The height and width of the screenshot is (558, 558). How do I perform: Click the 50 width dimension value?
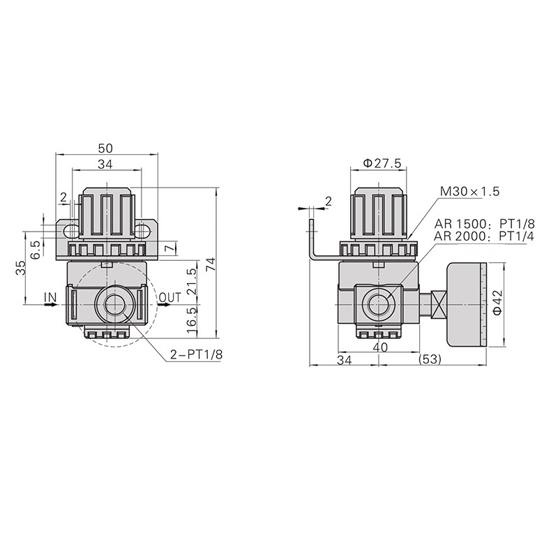coord(105,148)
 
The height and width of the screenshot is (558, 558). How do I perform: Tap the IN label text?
coord(50,297)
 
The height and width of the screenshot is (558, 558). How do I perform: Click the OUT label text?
coord(170,297)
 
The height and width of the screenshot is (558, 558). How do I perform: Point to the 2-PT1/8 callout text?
coord(197,354)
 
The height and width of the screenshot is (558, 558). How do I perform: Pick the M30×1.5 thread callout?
coord(469,191)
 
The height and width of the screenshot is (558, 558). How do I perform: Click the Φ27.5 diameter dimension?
coord(382,163)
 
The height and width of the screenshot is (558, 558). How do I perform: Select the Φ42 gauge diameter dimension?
coord(497,303)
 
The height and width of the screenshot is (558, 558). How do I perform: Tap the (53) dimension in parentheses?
coord(430,359)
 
